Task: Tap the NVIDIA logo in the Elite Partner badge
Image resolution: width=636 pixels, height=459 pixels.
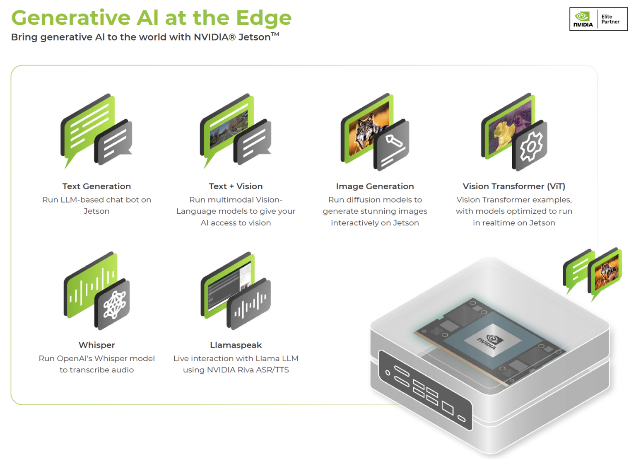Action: pyautogui.click(x=583, y=19)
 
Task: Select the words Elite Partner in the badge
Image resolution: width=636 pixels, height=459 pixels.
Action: pyautogui.click(x=610, y=19)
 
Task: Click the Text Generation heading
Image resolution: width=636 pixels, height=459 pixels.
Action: pyautogui.click(x=96, y=186)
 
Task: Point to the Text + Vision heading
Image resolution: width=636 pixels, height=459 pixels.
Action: pyautogui.click(x=236, y=186)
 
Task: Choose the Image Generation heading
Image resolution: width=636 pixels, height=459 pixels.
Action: pyautogui.click(x=375, y=186)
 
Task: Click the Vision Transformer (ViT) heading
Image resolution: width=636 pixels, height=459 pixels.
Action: pyautogui.click(x=514, y=186)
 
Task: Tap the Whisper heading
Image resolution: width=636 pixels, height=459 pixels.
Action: pyautogui.click(x=96, y=345)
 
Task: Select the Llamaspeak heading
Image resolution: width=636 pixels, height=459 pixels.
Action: pyautogui.click(x=236, y=345)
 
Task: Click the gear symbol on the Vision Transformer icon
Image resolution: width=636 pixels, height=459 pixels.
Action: pyautogui.click(x=531, y=146)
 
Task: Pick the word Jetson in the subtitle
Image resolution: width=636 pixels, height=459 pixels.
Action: pyautogui.click(x=254, y=37)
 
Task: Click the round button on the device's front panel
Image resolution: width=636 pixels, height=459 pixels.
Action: pyautogui.click(x=388, y=372)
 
